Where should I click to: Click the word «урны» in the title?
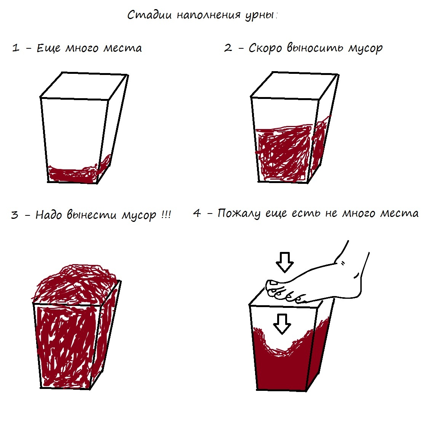[x=260, y=15]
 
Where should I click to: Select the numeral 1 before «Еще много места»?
[x=16, y=48]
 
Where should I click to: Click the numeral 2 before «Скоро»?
[x=228, y=48]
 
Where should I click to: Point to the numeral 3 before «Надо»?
[x=14, y=215]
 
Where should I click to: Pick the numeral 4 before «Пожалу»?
[x=197, y=213]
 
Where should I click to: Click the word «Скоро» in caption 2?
[x=265, y=48]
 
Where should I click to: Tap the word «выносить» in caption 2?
[x=315, y=48]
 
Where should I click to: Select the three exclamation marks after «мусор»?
[x=166, y=214]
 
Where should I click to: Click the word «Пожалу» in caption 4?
[x=239, y=213]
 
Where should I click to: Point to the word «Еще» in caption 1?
[x=48, y=48]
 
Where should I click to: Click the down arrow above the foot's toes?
[x=285, y=262]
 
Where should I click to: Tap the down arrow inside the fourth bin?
[x=282, y=324]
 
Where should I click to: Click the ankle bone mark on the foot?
[x=343, y=263]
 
